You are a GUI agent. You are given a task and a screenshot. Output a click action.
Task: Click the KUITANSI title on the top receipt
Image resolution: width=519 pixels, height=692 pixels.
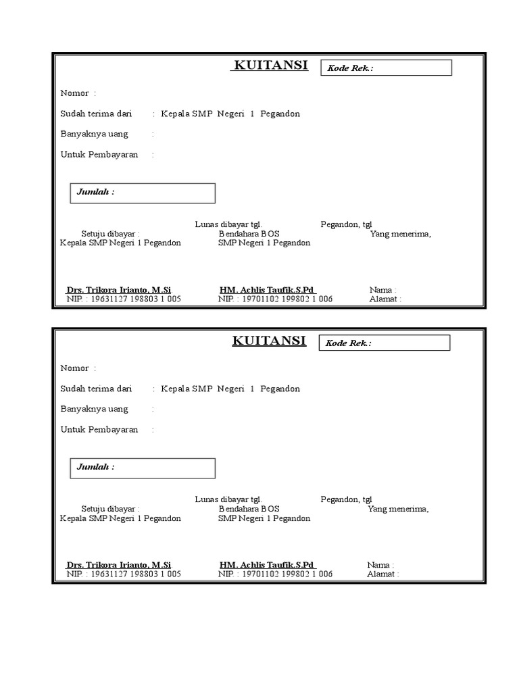tap(270, 65)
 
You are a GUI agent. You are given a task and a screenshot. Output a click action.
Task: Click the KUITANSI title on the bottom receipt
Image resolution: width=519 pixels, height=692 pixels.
tap(269, 341)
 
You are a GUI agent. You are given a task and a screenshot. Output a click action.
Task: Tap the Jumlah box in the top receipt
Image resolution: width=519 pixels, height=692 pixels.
tap(143, 193)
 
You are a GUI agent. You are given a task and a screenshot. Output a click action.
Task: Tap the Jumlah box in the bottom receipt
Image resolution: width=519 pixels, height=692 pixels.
tap(143, 468)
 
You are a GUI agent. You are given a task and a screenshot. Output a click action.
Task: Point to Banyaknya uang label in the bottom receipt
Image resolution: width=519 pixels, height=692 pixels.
tap(94, 410)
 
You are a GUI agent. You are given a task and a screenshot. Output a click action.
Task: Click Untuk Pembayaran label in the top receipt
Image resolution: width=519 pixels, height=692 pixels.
tap(99, 155)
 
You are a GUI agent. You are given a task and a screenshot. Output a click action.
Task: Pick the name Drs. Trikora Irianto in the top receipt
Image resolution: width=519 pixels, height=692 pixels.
tap(119, 290)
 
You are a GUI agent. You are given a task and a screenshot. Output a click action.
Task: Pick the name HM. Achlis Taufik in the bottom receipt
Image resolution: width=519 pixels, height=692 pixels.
tap(268, 565)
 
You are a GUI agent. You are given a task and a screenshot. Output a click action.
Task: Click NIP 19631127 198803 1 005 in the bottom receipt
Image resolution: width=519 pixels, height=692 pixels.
tap(123, 574)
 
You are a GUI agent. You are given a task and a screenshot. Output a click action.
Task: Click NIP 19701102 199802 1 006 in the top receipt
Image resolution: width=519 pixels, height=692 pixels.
tap(275, 299)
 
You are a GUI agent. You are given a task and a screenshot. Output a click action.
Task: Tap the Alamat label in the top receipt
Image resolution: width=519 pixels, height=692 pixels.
tap(385, 299)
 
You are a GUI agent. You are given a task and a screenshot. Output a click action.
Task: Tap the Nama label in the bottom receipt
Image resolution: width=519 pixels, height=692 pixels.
tap(380, 565)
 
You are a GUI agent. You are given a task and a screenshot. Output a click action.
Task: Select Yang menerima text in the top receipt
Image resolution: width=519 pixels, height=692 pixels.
tap(400, 234)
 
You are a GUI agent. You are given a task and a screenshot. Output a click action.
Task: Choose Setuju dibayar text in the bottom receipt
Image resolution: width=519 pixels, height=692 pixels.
tap(111, 509)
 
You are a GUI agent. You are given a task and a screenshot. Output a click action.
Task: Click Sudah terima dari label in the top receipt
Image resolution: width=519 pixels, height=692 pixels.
tap(96, 114)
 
